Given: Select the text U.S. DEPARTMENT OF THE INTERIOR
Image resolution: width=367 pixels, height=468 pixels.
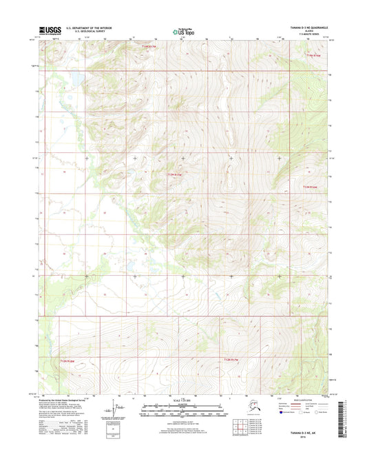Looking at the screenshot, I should click(x=89, y=28).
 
